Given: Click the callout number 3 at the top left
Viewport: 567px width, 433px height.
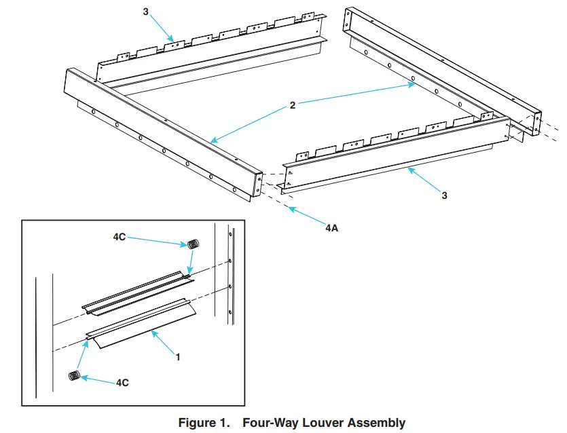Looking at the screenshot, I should pos(146,12).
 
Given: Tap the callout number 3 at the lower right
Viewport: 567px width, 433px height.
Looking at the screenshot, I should pos(444,195).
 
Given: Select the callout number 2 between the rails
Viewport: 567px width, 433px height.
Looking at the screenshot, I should pos(292,106).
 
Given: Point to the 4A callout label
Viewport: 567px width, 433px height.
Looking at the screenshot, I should pos(331,228).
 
